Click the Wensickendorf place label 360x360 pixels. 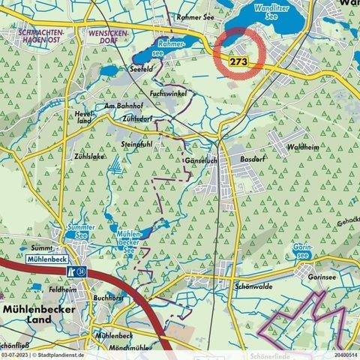pos(109,39)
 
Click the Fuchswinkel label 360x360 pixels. pos(167,94)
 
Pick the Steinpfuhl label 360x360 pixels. pos(136,142)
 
